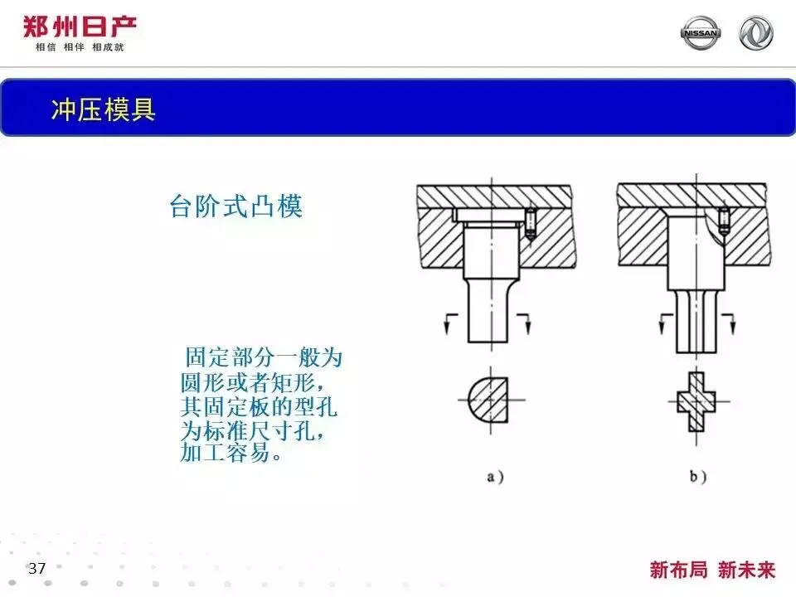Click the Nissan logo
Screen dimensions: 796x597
click(x=700, y=33)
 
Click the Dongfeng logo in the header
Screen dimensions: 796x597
click(x=756, y=33)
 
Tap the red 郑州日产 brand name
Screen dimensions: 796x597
click(x=80, y=27)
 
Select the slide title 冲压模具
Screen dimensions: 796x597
click(x=103, y=109)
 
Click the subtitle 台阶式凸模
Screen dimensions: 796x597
click(x=236, y=206)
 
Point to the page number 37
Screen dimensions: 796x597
click(x=36, y=568)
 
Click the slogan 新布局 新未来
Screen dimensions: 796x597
click(x=712, y=570)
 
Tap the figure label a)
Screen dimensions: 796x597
click(x=495, y=477)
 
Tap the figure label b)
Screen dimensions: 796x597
click(x=698, y=476)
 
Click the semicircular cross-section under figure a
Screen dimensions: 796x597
click(x=488, y=400)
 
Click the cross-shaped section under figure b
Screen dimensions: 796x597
click(x=696, y=402)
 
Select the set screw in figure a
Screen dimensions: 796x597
click(x=531, y=223)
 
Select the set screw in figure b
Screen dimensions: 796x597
click(x=724, y=221)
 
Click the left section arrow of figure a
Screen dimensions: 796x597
click(x=450, y=324)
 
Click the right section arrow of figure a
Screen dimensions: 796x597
click(x=524, y=324)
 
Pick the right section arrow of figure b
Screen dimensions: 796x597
click(x=729, y=324)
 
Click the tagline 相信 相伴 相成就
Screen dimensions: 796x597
click(x=80, y=47)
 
